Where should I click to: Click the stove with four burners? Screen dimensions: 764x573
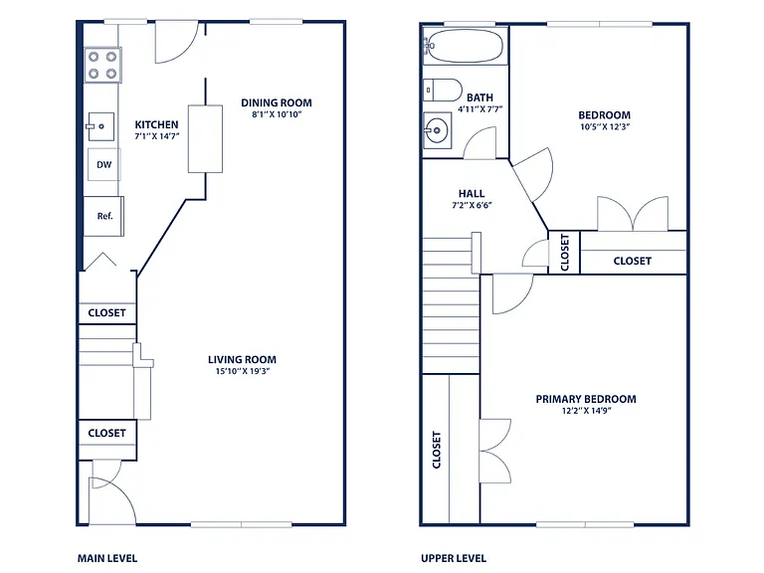(x=102, y=65)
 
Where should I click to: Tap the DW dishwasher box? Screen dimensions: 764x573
(x=103, y=165)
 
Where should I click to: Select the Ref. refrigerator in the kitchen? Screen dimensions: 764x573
(x=103, y=216)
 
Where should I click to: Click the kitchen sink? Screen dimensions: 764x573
(x=100, y=126)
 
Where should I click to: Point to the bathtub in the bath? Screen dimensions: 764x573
(x=465, y=47)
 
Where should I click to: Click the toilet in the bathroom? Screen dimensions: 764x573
(x=443, y=91)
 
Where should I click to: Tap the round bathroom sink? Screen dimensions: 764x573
(x=437, y=130)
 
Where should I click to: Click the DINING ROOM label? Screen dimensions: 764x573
(x=277, y=102)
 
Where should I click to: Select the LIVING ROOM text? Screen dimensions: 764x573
(x=242, y=359)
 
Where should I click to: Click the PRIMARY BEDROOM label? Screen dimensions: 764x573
(x=586, y=399)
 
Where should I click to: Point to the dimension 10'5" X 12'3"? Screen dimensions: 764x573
(x=605, y=126)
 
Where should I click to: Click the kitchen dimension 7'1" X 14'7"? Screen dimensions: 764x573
(x=157, y=136)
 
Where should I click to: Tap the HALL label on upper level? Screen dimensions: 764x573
(x=472, y=193)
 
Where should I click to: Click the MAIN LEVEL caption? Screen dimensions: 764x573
(x=107, y=558)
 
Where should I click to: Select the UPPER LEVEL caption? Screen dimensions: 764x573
(x=454, y=558)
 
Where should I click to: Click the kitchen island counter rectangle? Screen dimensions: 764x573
(x=206, y=139)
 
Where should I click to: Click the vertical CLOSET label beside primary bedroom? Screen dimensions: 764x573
(x=437, y=450)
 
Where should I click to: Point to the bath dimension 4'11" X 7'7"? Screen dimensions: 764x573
(x=479, y=109)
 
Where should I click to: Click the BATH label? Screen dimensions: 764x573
(x=479, y=97)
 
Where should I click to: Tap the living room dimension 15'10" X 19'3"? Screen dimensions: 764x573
(x=243, y=371)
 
